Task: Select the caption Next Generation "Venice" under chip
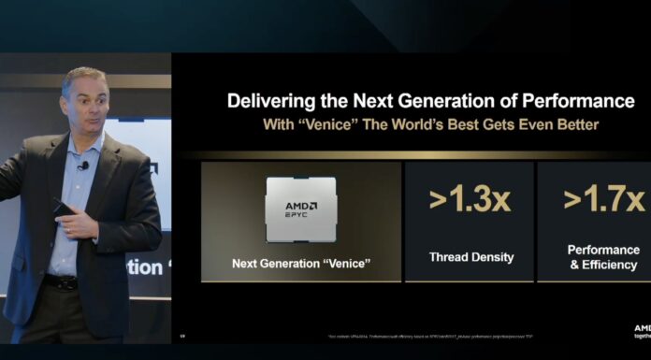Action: [300, 264]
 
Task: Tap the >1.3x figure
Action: [470, 200]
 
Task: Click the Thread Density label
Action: [470, 256]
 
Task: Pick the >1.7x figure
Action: [604, 200]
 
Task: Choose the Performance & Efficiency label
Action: [604, 257]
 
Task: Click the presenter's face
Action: [86, 100]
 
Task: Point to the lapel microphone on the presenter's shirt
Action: [84, 166]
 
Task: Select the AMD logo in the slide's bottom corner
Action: [642, 329]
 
